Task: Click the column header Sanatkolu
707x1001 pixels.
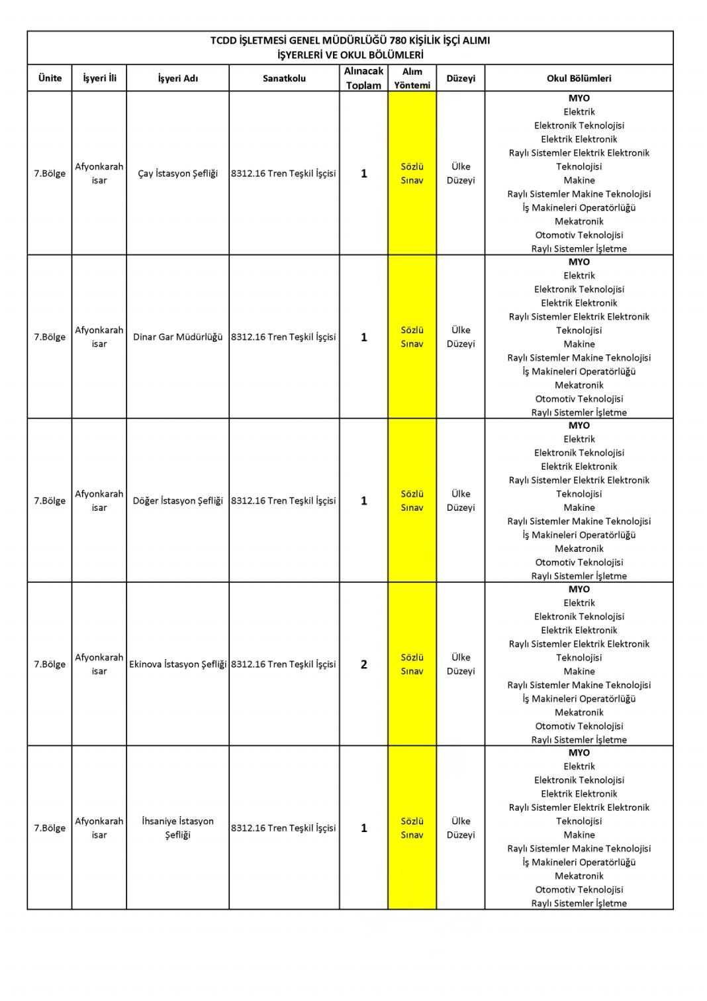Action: pos(284,78)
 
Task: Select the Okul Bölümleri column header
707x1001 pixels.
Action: pos(579,78)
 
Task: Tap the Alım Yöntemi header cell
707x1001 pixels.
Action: pos(412,78)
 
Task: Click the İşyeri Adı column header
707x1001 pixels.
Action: pos(177,78)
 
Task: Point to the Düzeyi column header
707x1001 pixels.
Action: pos(461,78)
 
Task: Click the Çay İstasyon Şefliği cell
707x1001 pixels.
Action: pos(177,174)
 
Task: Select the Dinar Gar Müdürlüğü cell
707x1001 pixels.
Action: pos(177,337)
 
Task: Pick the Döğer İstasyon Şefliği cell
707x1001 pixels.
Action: pos(177,501)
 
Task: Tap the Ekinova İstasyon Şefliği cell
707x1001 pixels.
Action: pos(177,664)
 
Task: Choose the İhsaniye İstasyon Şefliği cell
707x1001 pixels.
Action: pos(177,828)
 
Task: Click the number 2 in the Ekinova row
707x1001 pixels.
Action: pos(363,664)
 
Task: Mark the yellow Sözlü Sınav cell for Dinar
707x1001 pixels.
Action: pos(412,337)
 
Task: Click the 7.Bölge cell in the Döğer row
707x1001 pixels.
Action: pos(50,501)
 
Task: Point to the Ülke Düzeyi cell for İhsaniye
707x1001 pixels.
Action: pos(461,828)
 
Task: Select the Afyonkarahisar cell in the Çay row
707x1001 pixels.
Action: pos(99,174)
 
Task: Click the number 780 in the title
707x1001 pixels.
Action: pos(399,40)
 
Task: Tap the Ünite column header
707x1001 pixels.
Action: pos(50,78)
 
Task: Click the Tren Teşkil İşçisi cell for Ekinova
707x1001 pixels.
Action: pos(283,664)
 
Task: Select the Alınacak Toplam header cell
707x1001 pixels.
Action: pos(363,78)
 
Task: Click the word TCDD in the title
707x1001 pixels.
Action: pos(223,40)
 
